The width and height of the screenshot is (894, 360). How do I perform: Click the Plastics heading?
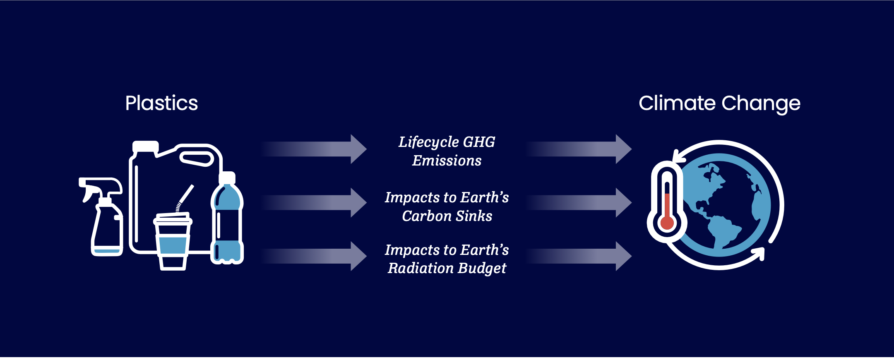(161, 103)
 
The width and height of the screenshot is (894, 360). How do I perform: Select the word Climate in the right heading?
(677, 103)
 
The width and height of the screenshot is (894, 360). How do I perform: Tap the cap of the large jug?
(145, 146)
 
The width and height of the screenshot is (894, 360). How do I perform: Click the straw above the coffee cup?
(185, 198)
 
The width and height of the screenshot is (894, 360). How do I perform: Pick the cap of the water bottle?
(227, 178)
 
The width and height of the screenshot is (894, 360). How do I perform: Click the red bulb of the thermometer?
(667, 222)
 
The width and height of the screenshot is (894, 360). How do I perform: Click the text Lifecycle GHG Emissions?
(447, 151)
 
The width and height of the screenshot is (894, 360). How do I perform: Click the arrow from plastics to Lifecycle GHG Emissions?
(314, 149)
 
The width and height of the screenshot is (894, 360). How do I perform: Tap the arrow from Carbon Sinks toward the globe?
(579, 203)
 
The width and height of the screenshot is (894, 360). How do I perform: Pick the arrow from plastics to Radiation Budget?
(314, 256)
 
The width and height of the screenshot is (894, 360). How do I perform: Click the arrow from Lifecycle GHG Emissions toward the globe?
(579, 149)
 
